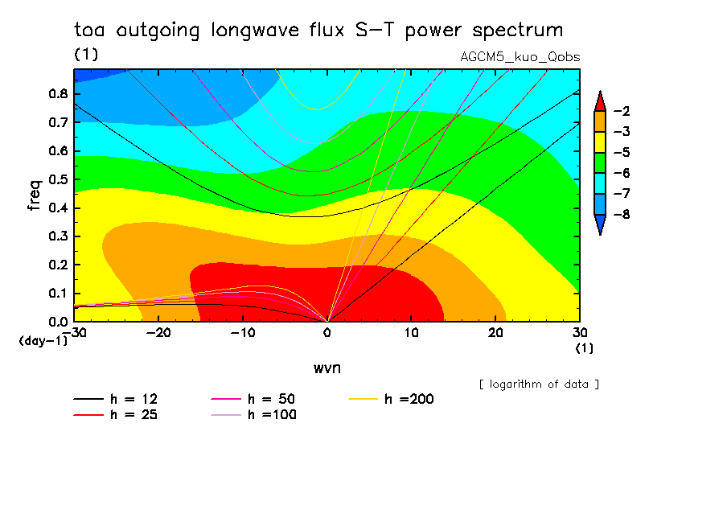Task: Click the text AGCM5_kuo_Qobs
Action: pos(520,57)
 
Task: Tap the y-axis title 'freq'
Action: pos(34,195)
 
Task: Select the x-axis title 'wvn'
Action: pos(327,368)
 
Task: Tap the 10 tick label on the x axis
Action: pos(411,333)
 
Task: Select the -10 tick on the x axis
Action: pos(243,333)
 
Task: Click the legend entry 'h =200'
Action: pos(409,399)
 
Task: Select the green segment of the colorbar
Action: pos(599,173)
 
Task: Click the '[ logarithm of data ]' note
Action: pos(539,384)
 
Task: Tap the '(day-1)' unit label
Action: pos(43,341)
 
